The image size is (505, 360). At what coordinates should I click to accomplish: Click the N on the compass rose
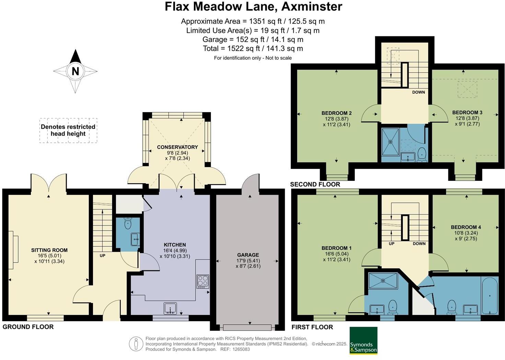75,71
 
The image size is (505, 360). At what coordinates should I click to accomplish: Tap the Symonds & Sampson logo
363,340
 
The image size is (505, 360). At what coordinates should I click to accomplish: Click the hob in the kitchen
202,281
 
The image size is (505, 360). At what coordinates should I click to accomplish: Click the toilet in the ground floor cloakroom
128,223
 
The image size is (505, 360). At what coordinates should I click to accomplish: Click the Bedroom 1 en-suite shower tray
383,281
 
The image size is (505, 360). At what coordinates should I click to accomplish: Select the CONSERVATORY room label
177,147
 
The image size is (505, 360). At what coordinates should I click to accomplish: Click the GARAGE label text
248,255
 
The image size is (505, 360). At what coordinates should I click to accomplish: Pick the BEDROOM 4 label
466,227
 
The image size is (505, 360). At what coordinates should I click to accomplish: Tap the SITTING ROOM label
49,250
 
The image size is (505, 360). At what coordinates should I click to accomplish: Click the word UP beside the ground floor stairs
102,256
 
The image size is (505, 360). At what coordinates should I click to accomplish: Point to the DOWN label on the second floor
419,92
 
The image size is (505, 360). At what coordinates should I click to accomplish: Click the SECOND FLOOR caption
315,184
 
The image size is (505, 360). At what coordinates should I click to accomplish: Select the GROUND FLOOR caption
28,327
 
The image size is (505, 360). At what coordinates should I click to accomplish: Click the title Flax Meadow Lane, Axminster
253,7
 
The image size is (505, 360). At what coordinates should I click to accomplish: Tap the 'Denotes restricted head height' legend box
68,130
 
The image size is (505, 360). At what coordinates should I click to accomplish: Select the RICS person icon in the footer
136,344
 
